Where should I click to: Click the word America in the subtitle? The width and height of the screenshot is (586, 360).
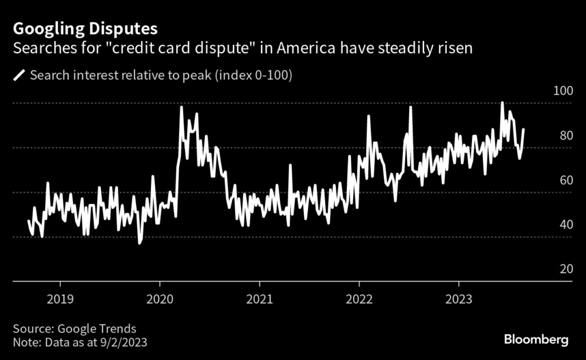[x=307, y=48]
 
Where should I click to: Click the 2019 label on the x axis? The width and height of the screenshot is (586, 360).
[x=60, y=299]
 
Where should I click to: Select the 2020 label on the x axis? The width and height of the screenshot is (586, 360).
[x=160, y=299]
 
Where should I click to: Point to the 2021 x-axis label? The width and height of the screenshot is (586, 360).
[x=259, y=299]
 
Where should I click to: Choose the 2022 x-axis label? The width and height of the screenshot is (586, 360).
[x=359, y=299]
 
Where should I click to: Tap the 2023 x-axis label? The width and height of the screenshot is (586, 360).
[x=458, y=299]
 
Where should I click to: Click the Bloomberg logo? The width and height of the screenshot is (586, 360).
[x=536, y=340]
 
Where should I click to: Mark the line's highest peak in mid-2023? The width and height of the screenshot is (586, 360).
[x=502, y=103]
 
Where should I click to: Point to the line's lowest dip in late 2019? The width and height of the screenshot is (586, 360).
[x=140, y=243]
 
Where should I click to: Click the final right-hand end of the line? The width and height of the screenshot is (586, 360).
[x=524, y=129]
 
